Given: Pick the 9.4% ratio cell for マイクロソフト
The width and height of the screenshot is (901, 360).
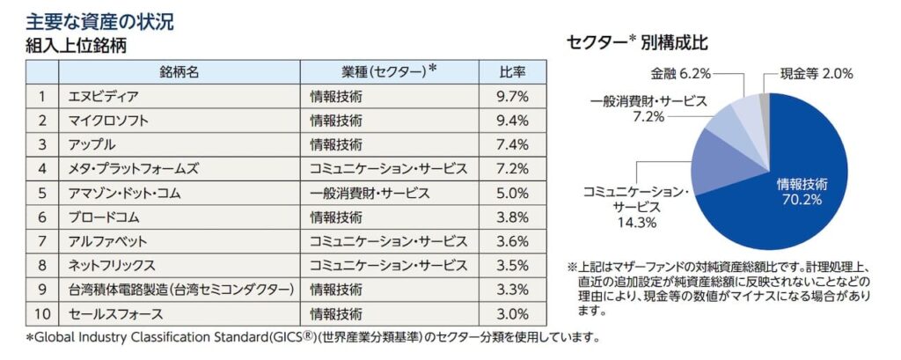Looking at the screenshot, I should coord(513,120).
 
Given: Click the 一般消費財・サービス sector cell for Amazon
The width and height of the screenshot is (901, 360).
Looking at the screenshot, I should coord(370,193).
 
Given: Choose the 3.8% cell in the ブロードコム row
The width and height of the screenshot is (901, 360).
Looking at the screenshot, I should coord(513,217).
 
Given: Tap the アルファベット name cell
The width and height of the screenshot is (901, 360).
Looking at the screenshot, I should coord(107,241).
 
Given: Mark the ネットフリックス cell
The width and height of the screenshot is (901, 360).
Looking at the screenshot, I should coord(112,265).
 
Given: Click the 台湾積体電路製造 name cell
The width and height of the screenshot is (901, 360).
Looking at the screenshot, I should coord(176,289).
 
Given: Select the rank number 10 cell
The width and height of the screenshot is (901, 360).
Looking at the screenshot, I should coord(41,313).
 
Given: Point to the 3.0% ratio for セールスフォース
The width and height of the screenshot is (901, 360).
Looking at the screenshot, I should coord(513,313).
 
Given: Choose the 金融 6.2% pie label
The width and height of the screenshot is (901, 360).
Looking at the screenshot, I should coord(681,74).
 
